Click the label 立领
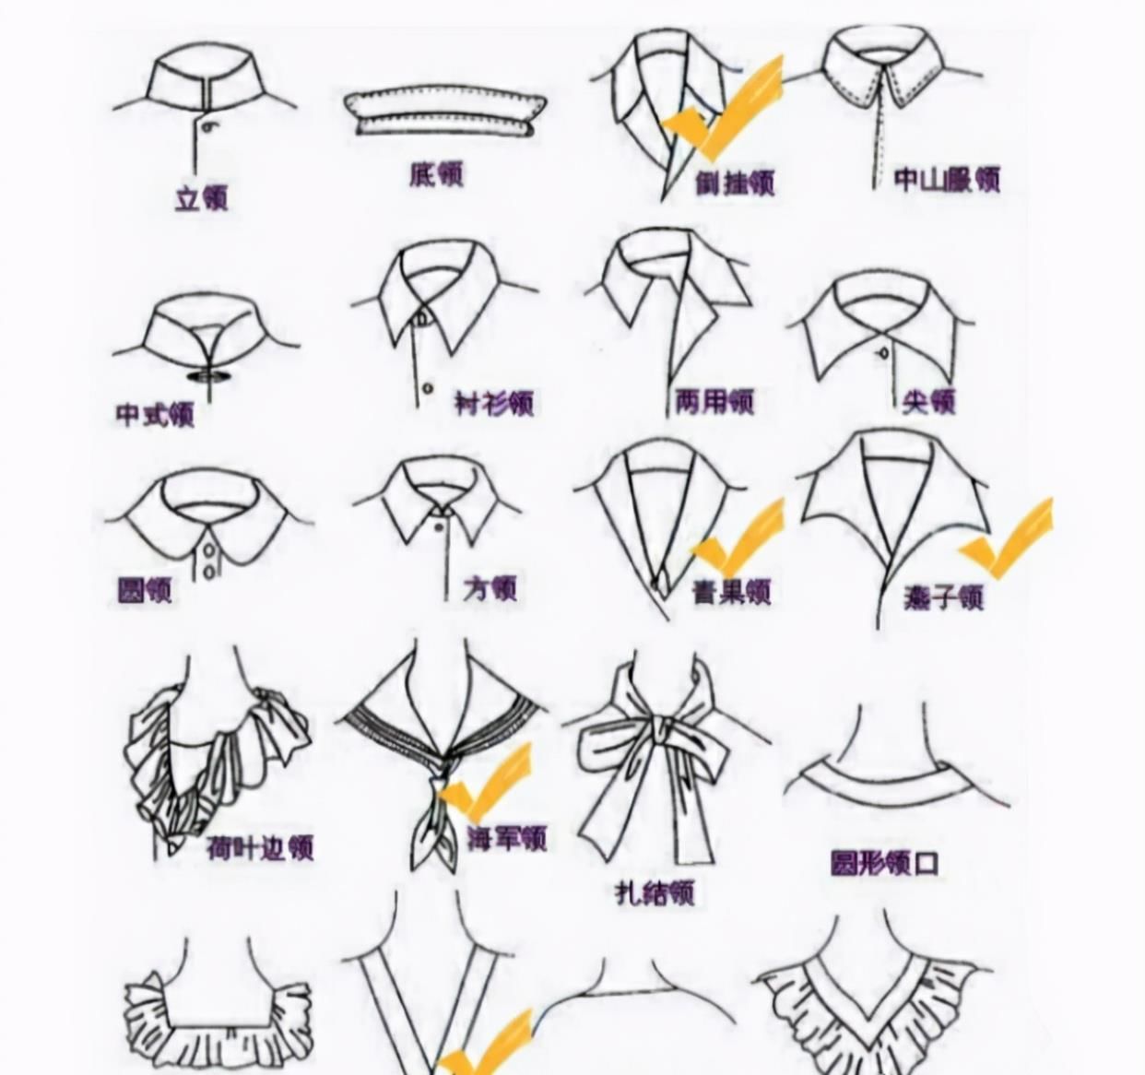pos(201,198)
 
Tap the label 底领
pos(436,174)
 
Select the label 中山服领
pos(947,179)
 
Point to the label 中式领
pos(155,414)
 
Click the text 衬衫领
pos(494,403)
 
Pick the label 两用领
pos(714,401)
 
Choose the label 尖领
pos(928,401)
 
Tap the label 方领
pos(490,587)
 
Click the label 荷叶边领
pos(260,847)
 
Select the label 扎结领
pos(654,892)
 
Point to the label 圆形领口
pos(884,863)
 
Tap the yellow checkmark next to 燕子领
pos(1007,539)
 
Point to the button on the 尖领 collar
pos(884,352)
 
